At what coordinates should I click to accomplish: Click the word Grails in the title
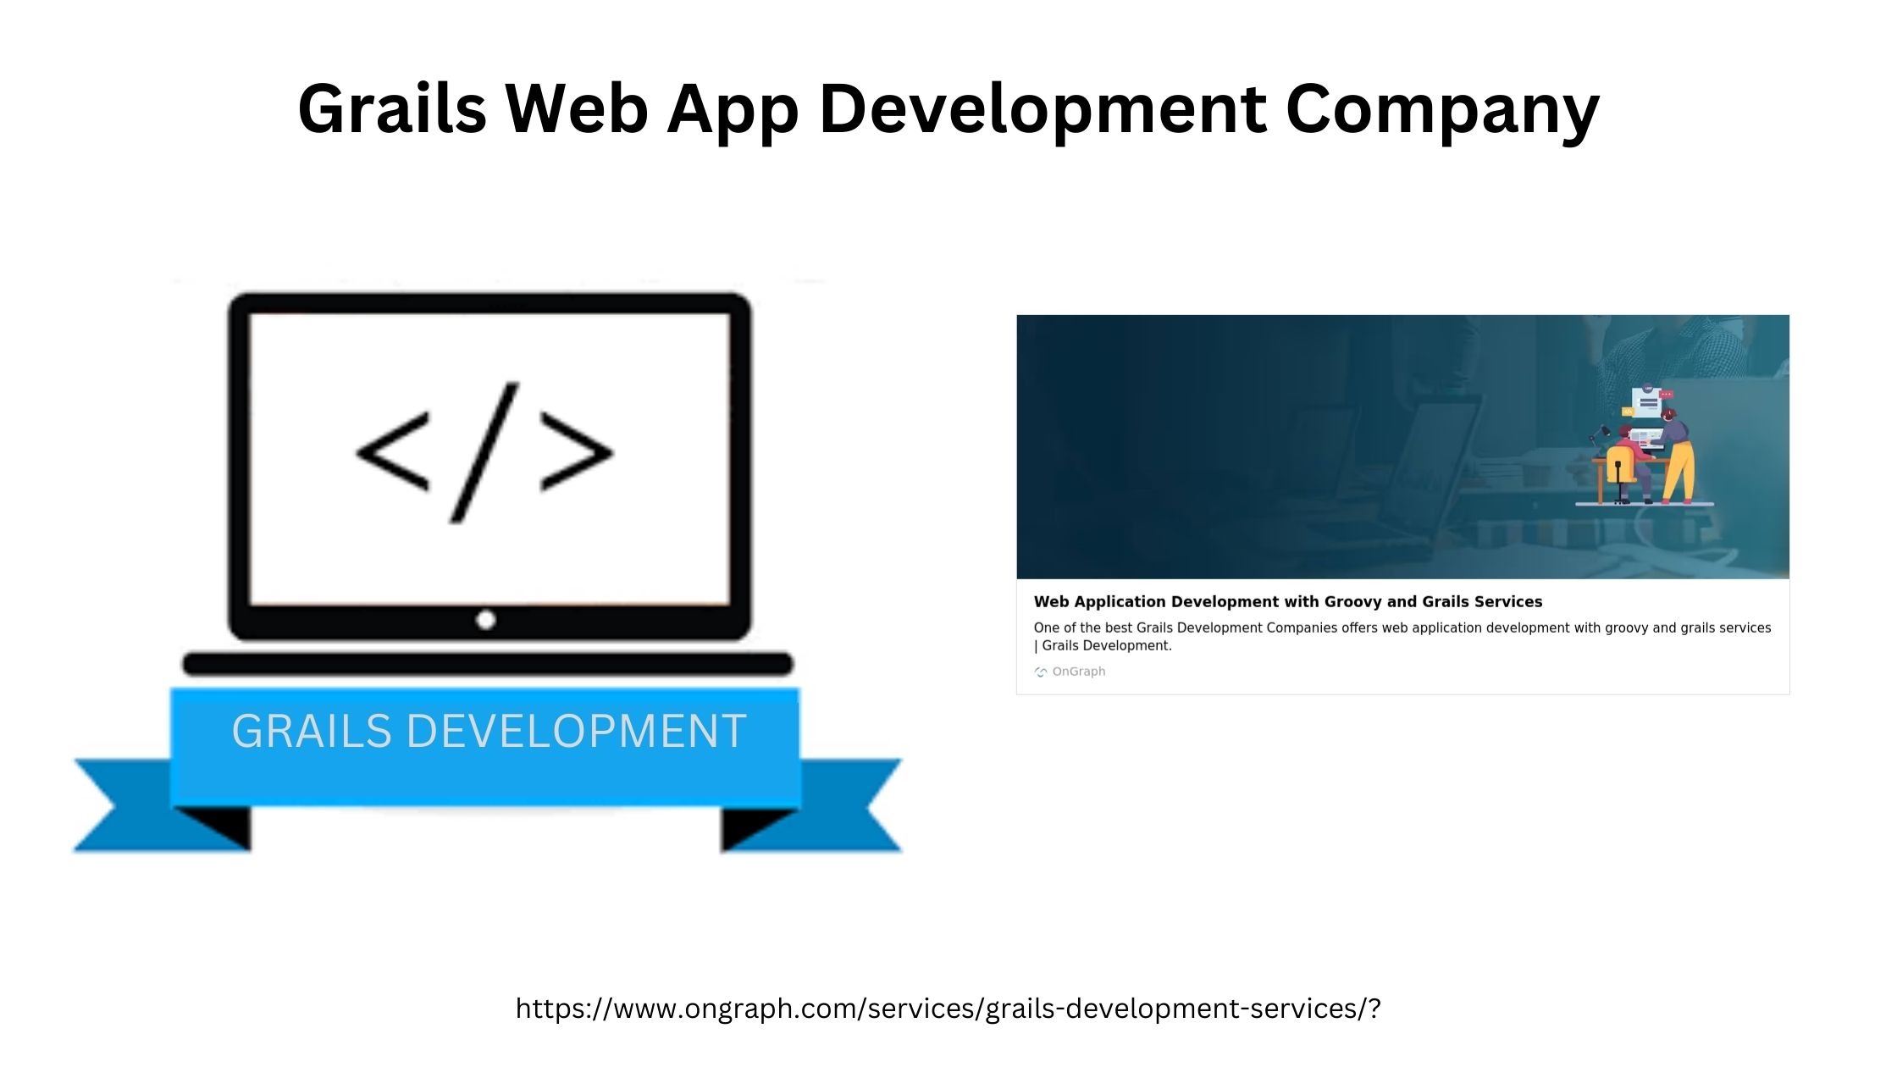tap(392, 108)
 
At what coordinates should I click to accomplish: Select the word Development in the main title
tap(1043, 111)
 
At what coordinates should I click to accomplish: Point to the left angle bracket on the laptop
tap(393, 451)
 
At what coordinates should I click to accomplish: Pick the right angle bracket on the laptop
tap(577, 451)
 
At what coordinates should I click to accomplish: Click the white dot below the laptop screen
tap(485, 620)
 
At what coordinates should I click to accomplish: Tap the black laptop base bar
tap(488, 664)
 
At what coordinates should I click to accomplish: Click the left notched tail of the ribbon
tap(161, 804)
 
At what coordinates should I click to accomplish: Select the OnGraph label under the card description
tap(1079, 672)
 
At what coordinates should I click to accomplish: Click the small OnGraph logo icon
tap(1041, 672)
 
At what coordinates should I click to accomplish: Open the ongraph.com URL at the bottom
tap(948, 1009)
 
